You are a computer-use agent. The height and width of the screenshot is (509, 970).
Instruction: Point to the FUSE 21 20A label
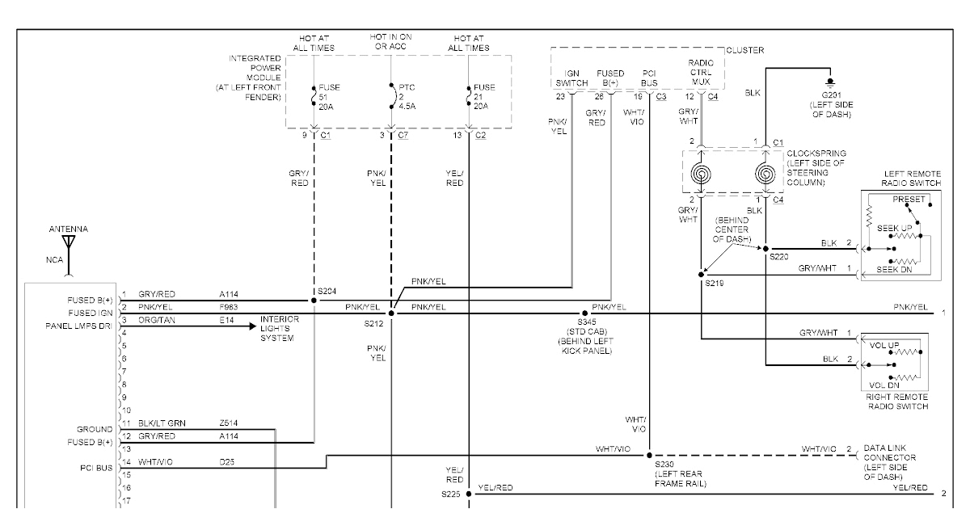tap(484, 95)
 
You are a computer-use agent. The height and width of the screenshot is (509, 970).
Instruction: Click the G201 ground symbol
tap(829, 83)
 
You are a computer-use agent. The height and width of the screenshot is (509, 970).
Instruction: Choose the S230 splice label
tap(665, 465)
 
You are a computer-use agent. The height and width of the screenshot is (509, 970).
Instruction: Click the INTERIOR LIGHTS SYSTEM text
tap(280, 329)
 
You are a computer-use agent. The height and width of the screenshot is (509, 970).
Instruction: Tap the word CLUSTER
tap(744, 50)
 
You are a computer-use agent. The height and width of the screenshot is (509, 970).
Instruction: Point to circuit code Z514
tap(230, 423)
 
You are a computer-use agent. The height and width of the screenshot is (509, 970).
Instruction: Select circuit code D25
tap(227, 462)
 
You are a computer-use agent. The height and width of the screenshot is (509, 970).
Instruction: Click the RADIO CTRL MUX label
tap(701, 72)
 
